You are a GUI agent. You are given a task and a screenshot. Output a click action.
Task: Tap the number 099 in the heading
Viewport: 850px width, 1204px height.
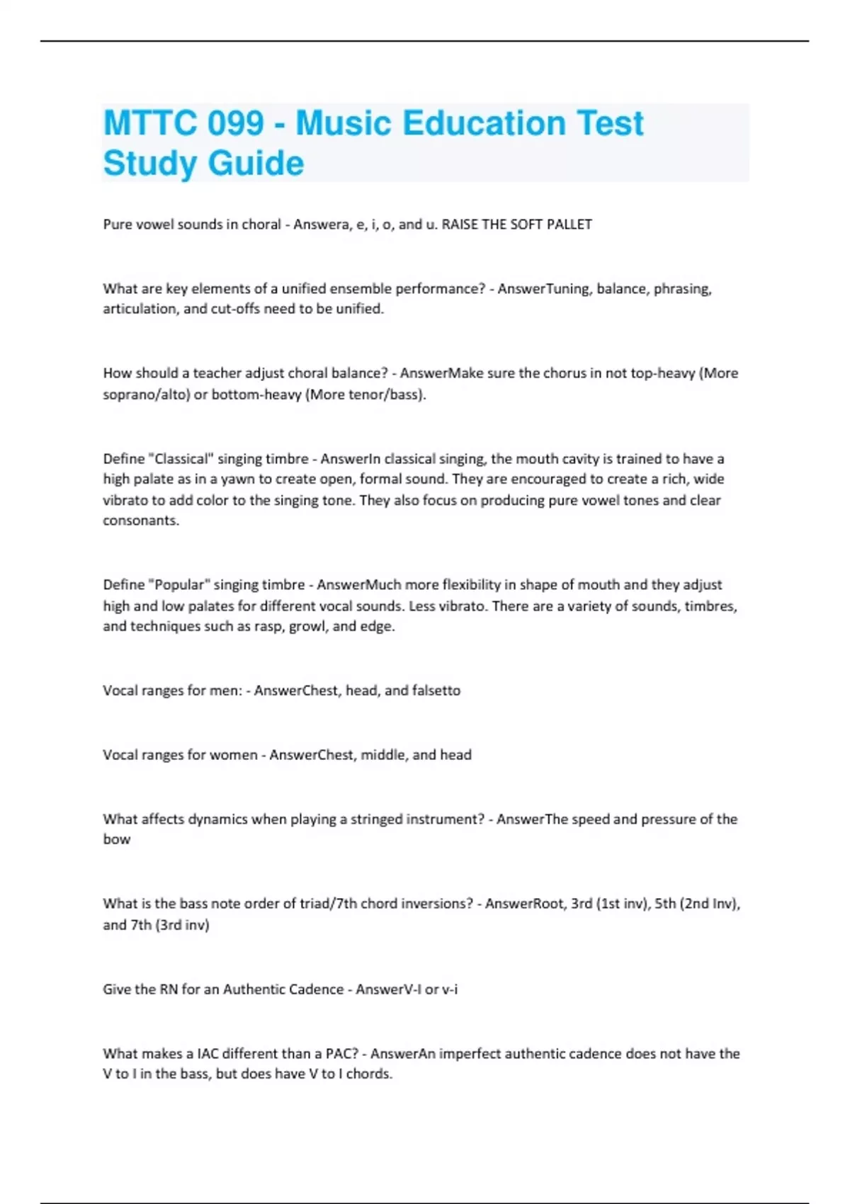pos(235,123)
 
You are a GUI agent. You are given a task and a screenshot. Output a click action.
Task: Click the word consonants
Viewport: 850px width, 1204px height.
pos(141,521)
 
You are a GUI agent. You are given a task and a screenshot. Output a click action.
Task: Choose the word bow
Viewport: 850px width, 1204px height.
pos(117,839)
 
